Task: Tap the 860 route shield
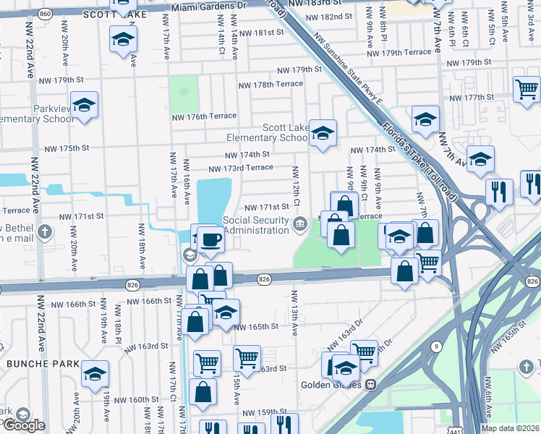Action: point(46,14)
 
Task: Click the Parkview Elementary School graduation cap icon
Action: point(85,106)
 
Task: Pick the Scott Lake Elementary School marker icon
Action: point(323,132)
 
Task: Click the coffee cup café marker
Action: point(210,238)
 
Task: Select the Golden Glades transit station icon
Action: point(371,384)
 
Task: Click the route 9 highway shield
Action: point(436,347)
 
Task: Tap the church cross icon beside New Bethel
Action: point(45,232)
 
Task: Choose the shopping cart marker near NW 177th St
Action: point(527,88)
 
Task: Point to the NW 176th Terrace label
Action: point(204,116)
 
